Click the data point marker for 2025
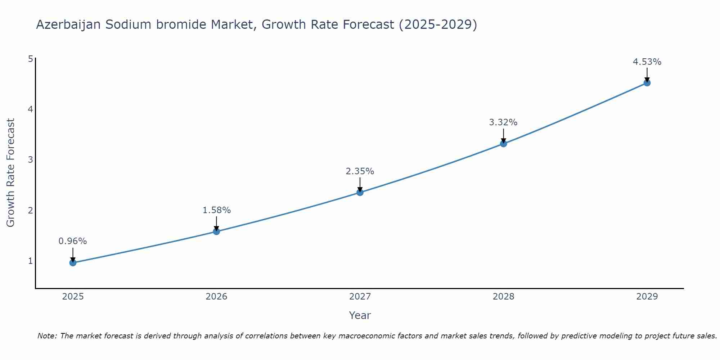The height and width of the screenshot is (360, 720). tap(73, 263)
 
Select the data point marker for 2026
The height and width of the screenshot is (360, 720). tap(216, 231)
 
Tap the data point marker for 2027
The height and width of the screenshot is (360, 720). tap(360, 193)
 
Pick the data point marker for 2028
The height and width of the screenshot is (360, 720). tap(503, 144)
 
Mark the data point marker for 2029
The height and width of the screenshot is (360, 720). tap(647, 83)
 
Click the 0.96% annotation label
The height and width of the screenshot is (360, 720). tap(73, 241)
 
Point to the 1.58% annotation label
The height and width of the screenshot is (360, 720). tap(216, 210)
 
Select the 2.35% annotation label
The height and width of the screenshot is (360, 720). tap(360, 171)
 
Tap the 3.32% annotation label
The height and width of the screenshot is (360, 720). tap(503, 122)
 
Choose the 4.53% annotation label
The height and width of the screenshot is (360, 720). tap(647, 62)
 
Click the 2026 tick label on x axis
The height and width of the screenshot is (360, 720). tap(216, 297)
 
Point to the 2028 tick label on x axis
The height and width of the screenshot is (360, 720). tap(503, 297)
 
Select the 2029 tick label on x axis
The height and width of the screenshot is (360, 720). tap(647, 297)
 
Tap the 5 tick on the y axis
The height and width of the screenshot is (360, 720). tap(30, 59)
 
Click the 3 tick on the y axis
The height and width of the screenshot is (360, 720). tap(30, 159)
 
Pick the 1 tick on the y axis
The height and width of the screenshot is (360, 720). tap(30, 261)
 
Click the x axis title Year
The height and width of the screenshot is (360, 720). tap(360, 315)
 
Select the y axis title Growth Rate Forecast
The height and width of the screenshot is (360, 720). tap(11, 173)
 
